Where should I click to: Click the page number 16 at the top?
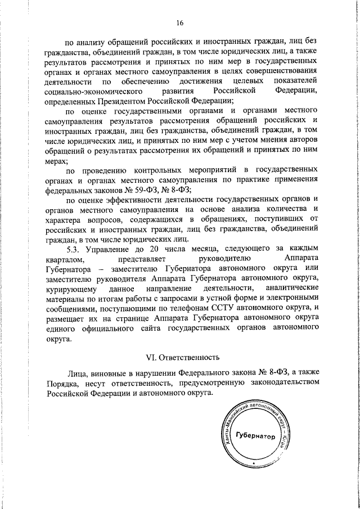pyautogui.click(x=179, y=23)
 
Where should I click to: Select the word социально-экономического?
pyautogui.click(x=93, y=91)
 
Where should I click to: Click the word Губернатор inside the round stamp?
pyautogui.click(x=256, y=436)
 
